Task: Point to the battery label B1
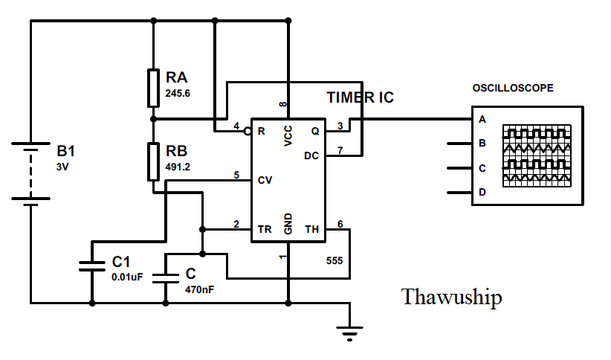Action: pos(66,151)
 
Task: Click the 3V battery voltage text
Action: pos(62,167)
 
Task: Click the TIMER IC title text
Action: pos(361,97)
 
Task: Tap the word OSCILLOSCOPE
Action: pos(513,88)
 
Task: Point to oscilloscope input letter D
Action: pos(482,193)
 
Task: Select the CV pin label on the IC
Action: pos(265,180)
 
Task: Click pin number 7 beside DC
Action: pos(340,150)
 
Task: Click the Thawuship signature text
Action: pos(451,298)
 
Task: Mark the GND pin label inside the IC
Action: pos(288,223)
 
